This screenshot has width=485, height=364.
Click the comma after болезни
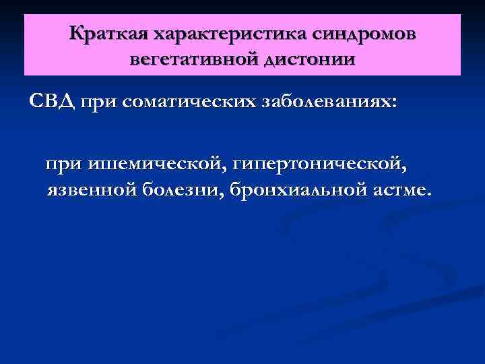click(224, 195)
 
